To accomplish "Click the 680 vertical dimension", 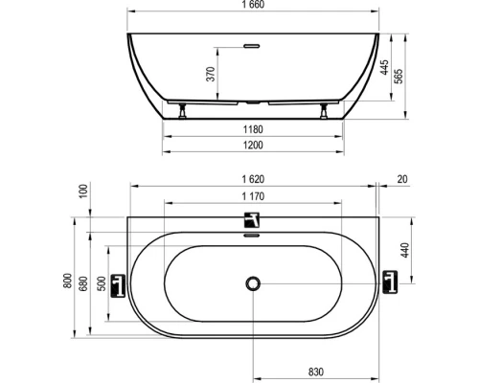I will tap(84, 282).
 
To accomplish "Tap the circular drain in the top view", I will tap(253, 283).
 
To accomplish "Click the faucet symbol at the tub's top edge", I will tap(252, 219).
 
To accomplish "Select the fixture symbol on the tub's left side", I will tap(119, 284).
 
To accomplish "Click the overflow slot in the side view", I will tap(253, 43).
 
